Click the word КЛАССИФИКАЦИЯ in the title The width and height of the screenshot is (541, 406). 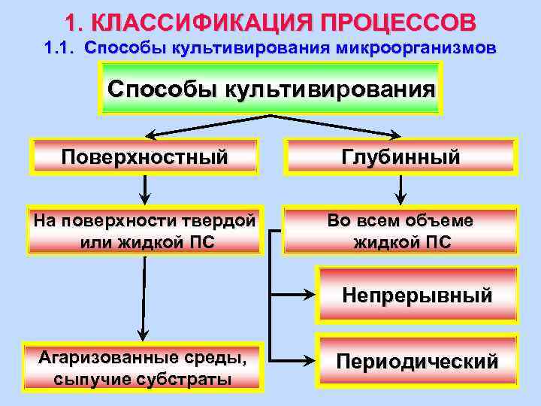tap(197, 20)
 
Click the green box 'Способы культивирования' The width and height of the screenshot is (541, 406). tap(271, 89)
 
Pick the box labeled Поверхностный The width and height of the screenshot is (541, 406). tap(144, 157)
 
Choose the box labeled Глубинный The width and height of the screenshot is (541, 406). tap(400, 157)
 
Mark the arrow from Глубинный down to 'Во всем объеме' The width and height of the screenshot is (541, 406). tap(401, 189)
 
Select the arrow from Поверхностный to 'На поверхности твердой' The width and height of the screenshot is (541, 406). tap(144, 189)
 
